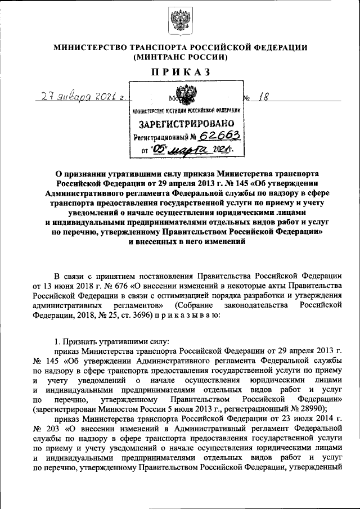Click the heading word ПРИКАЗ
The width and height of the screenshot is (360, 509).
pyautogui.click(x=180, y=71)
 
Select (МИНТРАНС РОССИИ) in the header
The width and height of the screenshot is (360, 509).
pyautogui.click(x=180, y=57)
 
